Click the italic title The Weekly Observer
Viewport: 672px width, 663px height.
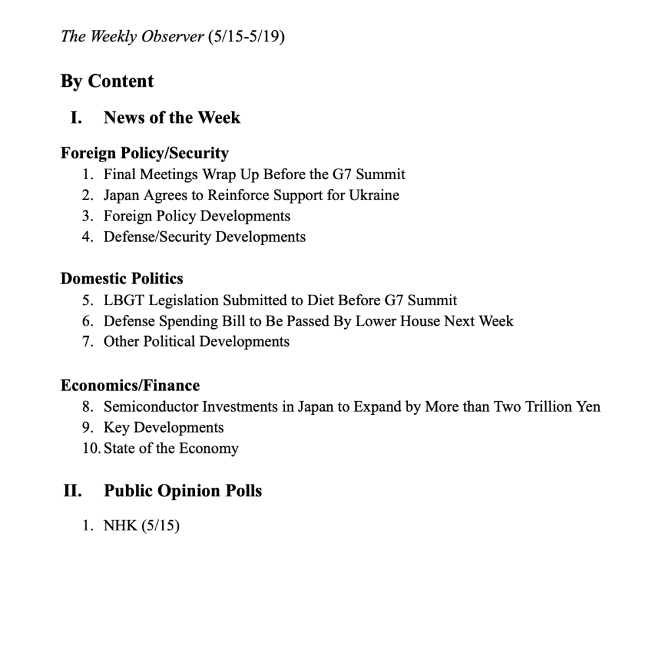point(132,37)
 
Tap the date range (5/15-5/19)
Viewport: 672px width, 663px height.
point(246,37)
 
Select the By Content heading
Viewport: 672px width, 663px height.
point(107,81)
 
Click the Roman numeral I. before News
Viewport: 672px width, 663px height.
point(77,118)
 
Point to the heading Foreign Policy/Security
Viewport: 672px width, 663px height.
point(145,154)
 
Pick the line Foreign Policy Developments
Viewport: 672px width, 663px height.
point(196,216)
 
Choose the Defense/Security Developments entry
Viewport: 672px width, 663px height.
point(204,237)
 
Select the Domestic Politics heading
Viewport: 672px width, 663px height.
point(122,278)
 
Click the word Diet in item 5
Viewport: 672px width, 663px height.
point(320,301)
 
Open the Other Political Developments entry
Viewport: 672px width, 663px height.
point(196,342)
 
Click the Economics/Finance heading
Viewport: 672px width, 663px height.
point(130,385)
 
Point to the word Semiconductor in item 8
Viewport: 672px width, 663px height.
point(150,407)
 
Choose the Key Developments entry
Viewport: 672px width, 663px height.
point(164,428)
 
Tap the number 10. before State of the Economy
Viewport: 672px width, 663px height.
point(91,449)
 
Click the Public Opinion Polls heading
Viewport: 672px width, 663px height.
point(183,491)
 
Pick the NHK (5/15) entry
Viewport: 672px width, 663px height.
point(141,526)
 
